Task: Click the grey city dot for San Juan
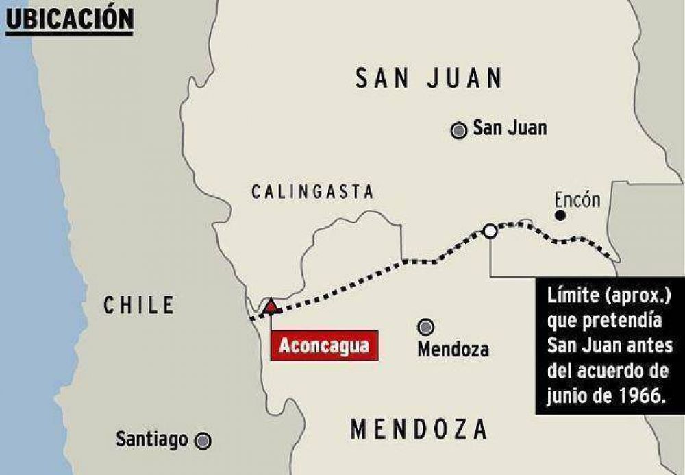click(459, 130)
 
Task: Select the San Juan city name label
click(510, 129)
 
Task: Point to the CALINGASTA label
click(312, 192)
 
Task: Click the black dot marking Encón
click(560, 215)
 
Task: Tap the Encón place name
click(577, 200)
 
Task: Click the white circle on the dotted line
click(490, 231)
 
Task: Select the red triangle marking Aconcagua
click(272, 306)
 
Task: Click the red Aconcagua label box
click(323, 345)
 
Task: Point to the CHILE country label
click(139, 305)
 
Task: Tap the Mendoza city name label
click(453, 349)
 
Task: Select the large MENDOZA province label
click(419, 430)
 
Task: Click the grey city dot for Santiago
click(202, 441)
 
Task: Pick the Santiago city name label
click(151, 439)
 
